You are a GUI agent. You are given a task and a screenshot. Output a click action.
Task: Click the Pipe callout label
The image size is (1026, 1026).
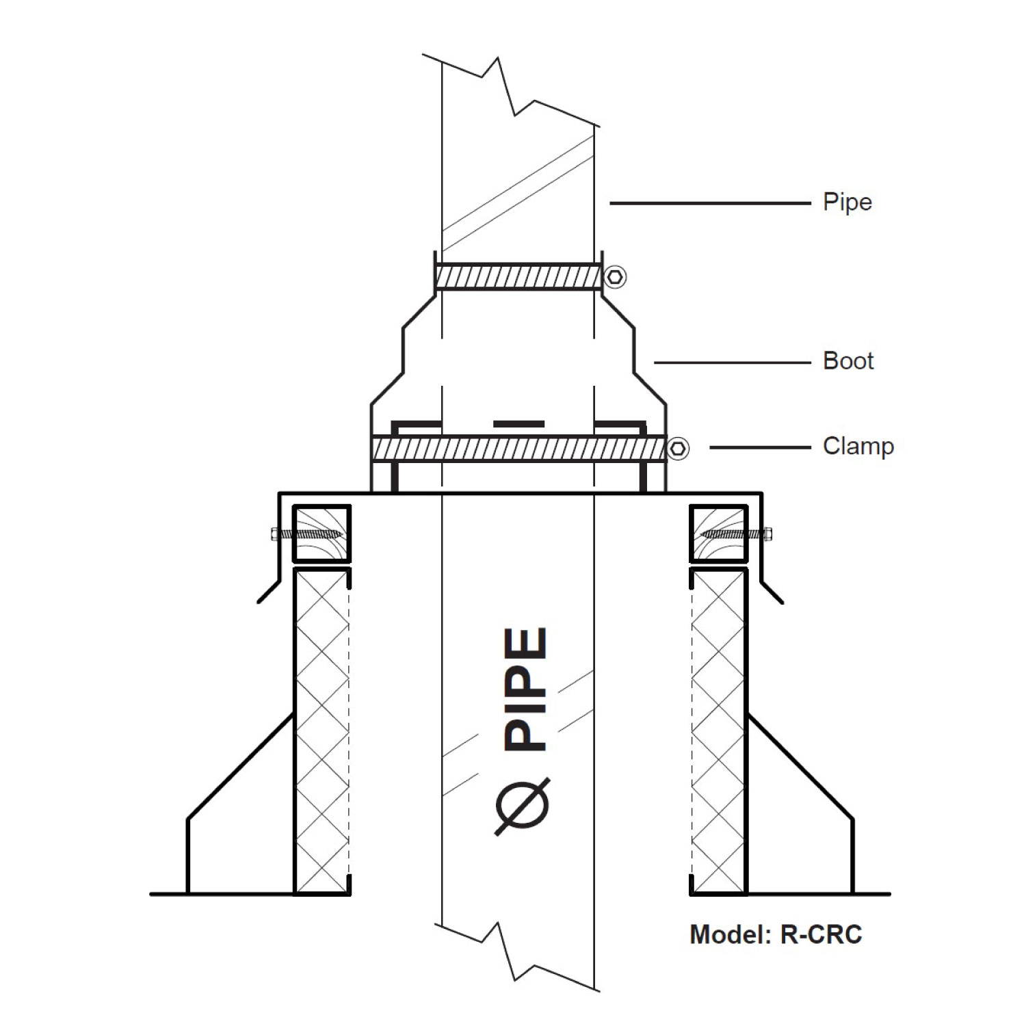click(847, 202)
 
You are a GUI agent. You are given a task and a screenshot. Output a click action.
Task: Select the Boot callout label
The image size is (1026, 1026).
click(847, 360)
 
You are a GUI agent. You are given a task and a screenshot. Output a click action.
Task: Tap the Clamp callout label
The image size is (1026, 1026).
click(858, 446)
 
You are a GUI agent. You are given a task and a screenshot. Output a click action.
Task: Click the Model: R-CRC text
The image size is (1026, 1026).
click(776, 934)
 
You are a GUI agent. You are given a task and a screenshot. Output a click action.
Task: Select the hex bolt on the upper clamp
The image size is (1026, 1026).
click(616, 276)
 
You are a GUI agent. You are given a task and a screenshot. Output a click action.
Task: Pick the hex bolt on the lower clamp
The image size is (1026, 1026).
click(678, 449)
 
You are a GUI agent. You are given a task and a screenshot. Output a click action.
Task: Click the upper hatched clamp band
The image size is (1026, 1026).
click(518, 277)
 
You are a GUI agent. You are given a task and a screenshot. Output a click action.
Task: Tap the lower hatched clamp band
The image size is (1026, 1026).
click(518, 449)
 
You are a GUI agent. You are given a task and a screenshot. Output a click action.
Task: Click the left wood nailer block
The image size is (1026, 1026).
click(321, 534)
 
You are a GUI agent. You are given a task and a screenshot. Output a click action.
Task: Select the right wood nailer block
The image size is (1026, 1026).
click(718, 534)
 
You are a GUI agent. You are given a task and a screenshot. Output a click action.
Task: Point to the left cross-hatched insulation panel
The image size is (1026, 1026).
click(321, 732)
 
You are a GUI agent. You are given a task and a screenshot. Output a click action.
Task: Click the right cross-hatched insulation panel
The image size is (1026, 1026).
click(718, 732)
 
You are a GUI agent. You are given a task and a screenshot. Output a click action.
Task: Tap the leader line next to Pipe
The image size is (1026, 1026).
click(709, 203)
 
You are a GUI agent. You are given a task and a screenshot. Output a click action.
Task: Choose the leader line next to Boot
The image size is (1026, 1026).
click(732, 363)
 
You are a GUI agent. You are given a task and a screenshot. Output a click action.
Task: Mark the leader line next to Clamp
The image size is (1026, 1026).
click(759, 448)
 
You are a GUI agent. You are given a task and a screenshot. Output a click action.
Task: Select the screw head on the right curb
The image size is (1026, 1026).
click(768, 534)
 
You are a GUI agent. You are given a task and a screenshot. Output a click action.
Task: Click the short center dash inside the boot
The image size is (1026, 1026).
click(518, 424)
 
